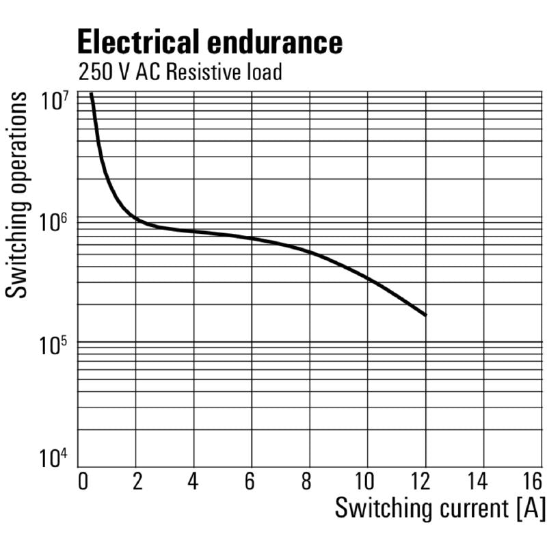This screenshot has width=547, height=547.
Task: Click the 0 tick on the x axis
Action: point(83,481)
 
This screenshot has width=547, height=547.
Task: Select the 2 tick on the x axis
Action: point(137,481)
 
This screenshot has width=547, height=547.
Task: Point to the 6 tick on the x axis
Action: point(250,481)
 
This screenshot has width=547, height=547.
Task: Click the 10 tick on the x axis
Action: point(366,481)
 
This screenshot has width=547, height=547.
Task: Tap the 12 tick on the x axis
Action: point(425,481)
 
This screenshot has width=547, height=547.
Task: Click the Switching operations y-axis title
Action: point(18,195)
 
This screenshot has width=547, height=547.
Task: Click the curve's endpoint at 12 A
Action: point(425,315)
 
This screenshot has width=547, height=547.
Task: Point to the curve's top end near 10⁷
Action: point(91,94)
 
